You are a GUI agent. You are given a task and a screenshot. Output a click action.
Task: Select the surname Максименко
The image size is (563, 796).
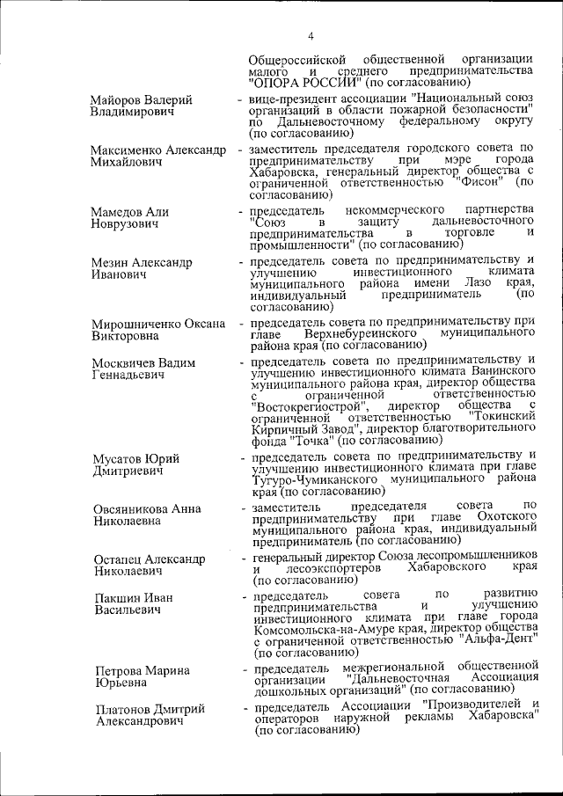[x=130, y=150]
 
